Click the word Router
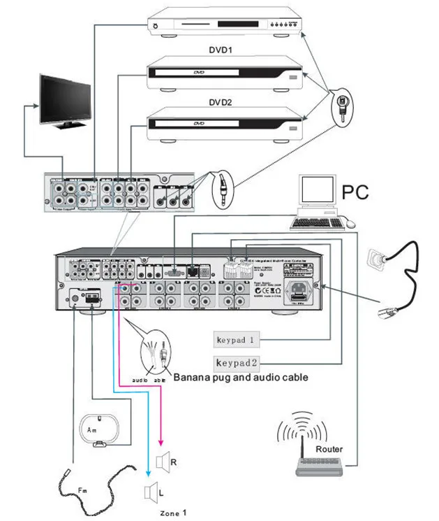coord(329,449)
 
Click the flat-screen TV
coord(65,99)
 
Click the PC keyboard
coord(318,223)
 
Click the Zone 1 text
coord(173,513)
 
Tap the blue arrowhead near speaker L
coord(147,473)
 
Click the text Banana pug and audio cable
coord(241,377)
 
